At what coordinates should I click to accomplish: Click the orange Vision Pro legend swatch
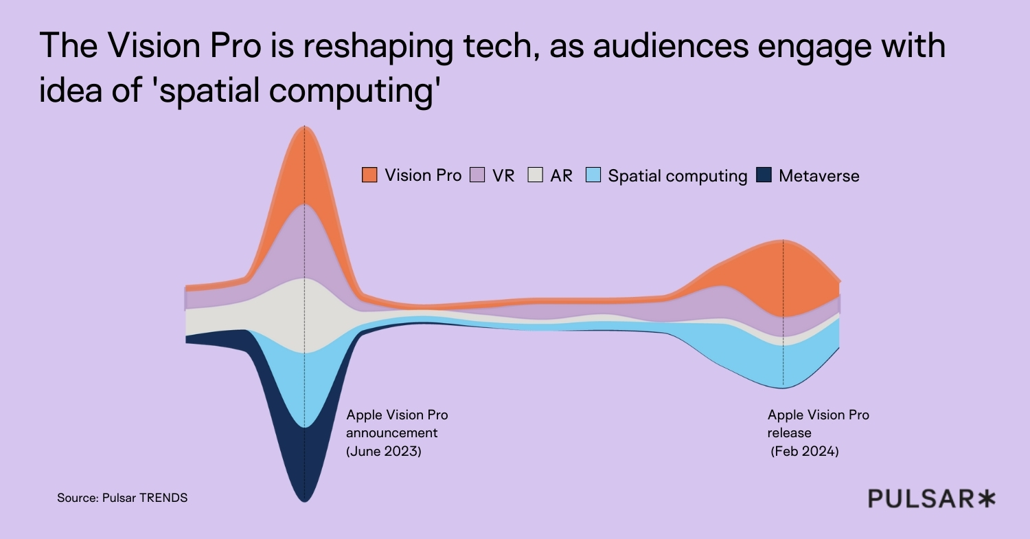tap(369, 175)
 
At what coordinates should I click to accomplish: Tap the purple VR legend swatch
tap(477, 175)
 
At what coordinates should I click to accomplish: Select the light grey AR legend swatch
tap(536, 175)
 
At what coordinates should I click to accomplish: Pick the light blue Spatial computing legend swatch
tap(594, 175)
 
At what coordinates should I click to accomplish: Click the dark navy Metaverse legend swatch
tap(764, 175)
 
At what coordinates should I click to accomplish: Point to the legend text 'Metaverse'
tap(819, 176)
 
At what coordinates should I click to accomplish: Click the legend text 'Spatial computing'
tap(678, 176)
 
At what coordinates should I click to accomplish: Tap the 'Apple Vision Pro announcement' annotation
tap(397, 424)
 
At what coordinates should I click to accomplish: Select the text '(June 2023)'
tap(383, 452)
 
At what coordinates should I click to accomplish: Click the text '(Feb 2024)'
tap(804, 452)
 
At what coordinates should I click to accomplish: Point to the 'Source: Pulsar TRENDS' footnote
tap(122, 498)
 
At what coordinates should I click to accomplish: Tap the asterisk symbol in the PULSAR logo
tap(987, 499)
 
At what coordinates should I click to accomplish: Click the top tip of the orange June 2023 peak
tap(304, 127)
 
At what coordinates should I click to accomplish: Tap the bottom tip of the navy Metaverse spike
tap(304, 500)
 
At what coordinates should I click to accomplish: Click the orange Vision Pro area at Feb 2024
tap(783, 278)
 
